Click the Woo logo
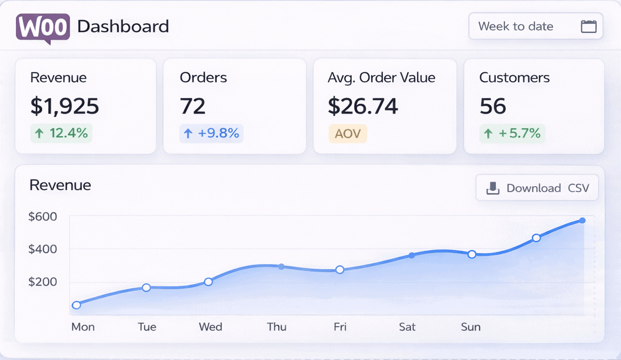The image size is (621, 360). coord(43,27)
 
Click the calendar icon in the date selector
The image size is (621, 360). coord(588,26)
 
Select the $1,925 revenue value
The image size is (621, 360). coord(65,106)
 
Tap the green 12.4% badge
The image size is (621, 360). coord(61,132)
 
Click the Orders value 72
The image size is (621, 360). coord(192,106)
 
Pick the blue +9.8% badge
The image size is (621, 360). coord(211,132)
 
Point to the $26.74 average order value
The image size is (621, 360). coord(363,106)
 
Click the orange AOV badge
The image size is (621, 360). coord(347,133)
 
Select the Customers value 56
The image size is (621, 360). coord(493,106)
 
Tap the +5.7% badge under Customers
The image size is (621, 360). coord(512,132)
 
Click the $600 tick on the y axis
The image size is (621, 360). coord(43,217)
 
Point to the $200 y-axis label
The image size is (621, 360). coord(43,282)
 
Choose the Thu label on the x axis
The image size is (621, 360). coord(277,327)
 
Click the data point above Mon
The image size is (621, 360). coord(76,305)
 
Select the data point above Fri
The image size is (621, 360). coord(340,270)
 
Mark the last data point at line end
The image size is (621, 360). coord(583,220)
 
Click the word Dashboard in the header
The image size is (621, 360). coord(123,27)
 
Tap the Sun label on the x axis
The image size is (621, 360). coord(471,327)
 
